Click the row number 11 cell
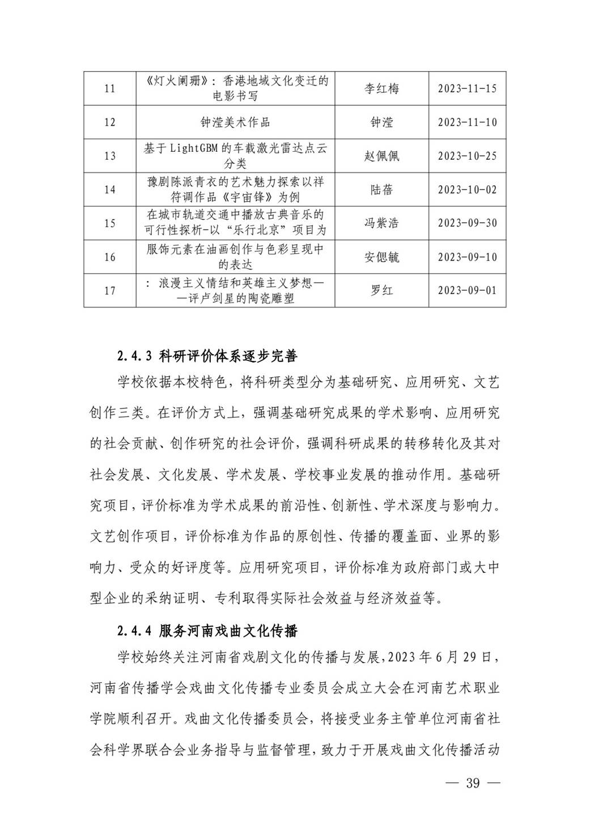(x=110, y=88)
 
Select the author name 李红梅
(x=381, y=88)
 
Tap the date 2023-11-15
(x=467, y=88)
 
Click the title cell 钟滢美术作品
(x=235, y=122)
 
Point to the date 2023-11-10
(x=467, y=122)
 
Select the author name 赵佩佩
(x=381, y=156)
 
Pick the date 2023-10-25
(x=467, y=156)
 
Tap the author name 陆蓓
(x=381, y=190)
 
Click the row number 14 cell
(x=110, y=190)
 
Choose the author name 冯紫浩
(x=381, y=223)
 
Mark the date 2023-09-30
(x=467, y=223)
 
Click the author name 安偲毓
(x=381, y=257)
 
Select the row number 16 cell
(x=110, y=257)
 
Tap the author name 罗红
(x=381, y=291)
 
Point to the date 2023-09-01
(x=467, y=291)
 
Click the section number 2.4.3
(x=135, y=356)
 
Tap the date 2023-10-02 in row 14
(x=467, y=190)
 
